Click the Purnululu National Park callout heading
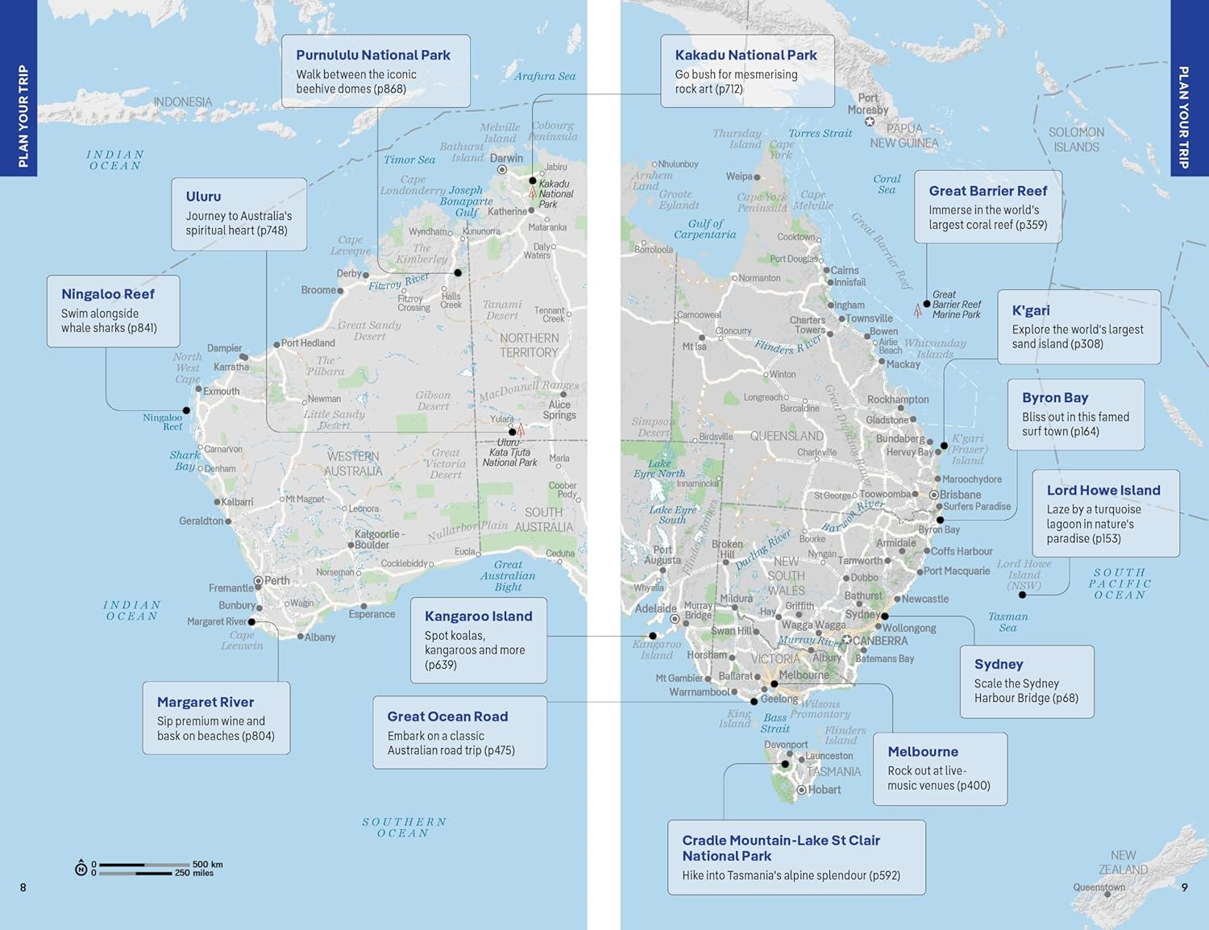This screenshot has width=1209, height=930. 372,55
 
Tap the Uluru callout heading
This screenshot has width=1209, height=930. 203,196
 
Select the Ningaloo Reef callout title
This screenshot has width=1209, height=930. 108,294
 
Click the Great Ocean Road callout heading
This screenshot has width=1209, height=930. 447,716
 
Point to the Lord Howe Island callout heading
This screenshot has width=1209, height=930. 1103,490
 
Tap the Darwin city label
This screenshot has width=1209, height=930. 506,158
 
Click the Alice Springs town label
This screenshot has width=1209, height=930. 559,410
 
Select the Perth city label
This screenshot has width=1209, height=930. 276,580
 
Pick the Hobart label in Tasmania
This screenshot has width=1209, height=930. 824,790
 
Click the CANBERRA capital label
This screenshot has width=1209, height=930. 880,641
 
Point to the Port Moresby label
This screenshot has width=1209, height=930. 868,104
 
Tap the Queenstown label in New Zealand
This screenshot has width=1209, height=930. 1099,887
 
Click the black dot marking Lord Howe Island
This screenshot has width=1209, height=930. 1022,595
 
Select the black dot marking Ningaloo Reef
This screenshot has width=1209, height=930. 186,410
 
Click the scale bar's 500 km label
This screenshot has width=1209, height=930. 207,864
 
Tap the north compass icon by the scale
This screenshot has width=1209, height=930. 81,869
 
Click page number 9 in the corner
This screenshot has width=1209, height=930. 1184,887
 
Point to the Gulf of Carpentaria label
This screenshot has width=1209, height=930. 705,229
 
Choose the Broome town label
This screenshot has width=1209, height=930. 318,290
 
